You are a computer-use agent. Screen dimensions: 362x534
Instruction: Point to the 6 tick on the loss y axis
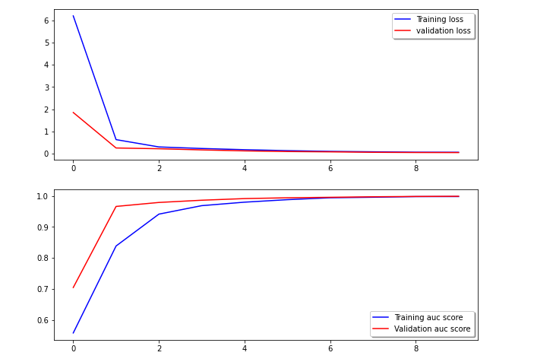point(46,21)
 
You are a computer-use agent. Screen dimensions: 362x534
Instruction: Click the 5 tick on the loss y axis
point(46,43)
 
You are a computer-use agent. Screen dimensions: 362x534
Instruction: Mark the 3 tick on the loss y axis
point(46,87)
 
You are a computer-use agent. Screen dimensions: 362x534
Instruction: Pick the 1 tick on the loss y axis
point(46,132)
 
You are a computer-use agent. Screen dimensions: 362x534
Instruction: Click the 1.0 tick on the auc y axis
point(43,196)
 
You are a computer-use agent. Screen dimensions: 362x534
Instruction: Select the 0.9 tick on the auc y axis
point(43,227)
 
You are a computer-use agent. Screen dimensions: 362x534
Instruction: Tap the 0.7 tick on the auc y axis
point(43,289)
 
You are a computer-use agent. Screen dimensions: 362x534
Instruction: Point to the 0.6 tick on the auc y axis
point(43,320)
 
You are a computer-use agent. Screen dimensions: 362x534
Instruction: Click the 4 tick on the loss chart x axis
point(245,168)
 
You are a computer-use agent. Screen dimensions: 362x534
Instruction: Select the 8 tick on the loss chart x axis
point(416,168)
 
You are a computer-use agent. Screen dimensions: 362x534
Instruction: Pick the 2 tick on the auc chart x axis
point(159,349)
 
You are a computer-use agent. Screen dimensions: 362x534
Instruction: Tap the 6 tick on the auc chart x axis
point(330,349)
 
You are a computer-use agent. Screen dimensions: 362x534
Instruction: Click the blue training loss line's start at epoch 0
point(73,16)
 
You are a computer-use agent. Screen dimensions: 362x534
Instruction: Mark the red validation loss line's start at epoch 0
point(73,113)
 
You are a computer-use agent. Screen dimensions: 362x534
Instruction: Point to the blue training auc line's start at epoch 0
point(73,333)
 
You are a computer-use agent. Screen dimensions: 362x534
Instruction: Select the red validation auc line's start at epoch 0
point(73,287)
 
